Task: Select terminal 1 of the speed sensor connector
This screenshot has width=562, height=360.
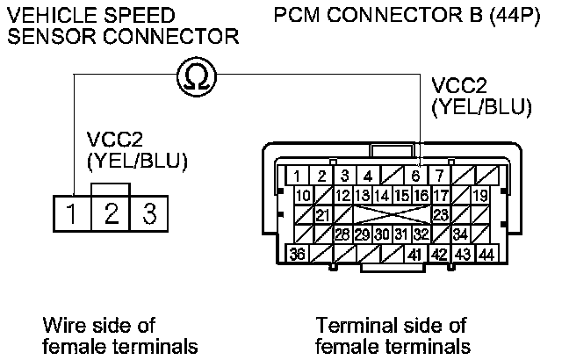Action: (70, 212)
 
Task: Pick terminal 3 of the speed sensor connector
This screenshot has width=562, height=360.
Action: (150, 212)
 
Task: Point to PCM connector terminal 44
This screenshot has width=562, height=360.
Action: (485, 254)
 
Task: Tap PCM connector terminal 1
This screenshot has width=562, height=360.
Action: (299, 176)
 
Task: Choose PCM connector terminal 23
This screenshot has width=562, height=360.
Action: (442, 214)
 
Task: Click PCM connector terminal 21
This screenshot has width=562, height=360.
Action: (321, 214)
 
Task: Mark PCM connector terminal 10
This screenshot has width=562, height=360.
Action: (302, 194)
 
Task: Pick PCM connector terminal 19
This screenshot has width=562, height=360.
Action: (480, 194)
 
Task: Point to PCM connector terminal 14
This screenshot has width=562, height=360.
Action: (382, 194)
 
